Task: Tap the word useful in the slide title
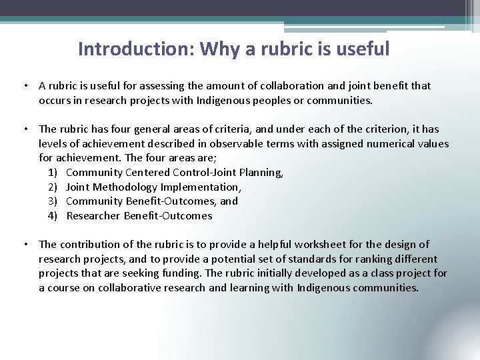pyautogui.click(x=363, y=49)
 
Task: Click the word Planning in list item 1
pyautogui.click(x=262, y=173)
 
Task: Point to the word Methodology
pyautogui.click(x=125, y=187)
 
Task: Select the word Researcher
pyautogui.click(x=93, y=216)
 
